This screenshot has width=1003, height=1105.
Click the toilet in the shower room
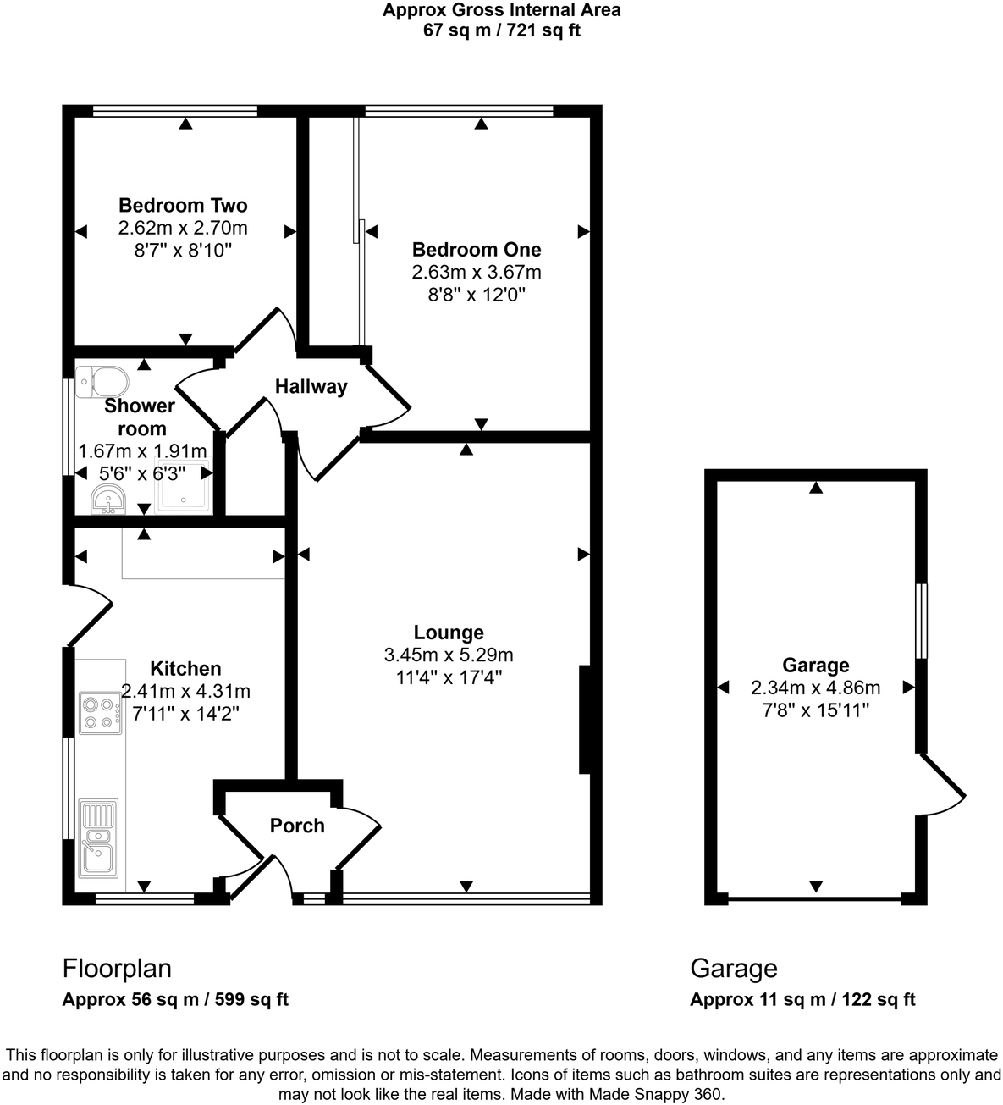coord(102,381)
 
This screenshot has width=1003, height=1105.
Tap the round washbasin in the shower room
coord(107,501)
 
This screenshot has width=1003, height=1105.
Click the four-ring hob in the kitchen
coord(99,712)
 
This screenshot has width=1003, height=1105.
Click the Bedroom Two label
coord(183,205)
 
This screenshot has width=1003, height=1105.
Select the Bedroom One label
coord(477,250)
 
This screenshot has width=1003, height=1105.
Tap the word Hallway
coord(311,387)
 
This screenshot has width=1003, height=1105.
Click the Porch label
coord(297,826)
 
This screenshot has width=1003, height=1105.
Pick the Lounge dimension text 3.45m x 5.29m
coord(449,655)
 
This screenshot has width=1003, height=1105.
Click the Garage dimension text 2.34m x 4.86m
coord(815,688)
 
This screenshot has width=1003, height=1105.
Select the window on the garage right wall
coord(922,621)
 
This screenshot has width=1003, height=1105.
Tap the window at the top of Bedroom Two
coord(175,110)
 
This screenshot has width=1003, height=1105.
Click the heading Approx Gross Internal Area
coord(501,11)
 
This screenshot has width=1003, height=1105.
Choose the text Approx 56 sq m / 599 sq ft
coord(175,999)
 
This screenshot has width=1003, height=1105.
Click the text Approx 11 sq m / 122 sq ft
coord(802,999)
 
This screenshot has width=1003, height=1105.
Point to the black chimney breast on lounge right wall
coord(584,720)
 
